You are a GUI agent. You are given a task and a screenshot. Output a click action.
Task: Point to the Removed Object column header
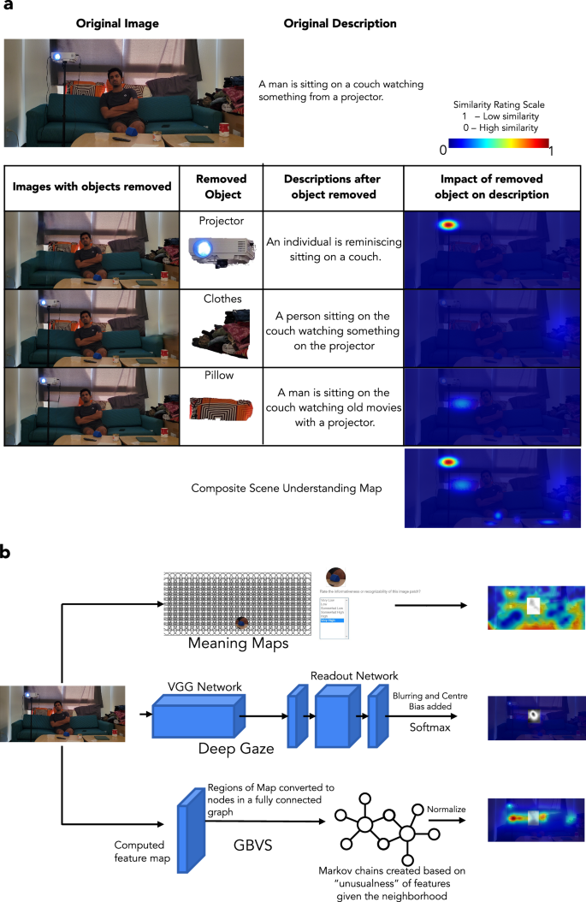click(221, 186)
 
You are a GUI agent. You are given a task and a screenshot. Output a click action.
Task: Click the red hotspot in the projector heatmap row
click(446, 225)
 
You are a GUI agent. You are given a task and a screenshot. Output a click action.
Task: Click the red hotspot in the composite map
click(446, 462)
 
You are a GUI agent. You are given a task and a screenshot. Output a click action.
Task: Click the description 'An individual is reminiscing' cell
click(331, 249)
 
